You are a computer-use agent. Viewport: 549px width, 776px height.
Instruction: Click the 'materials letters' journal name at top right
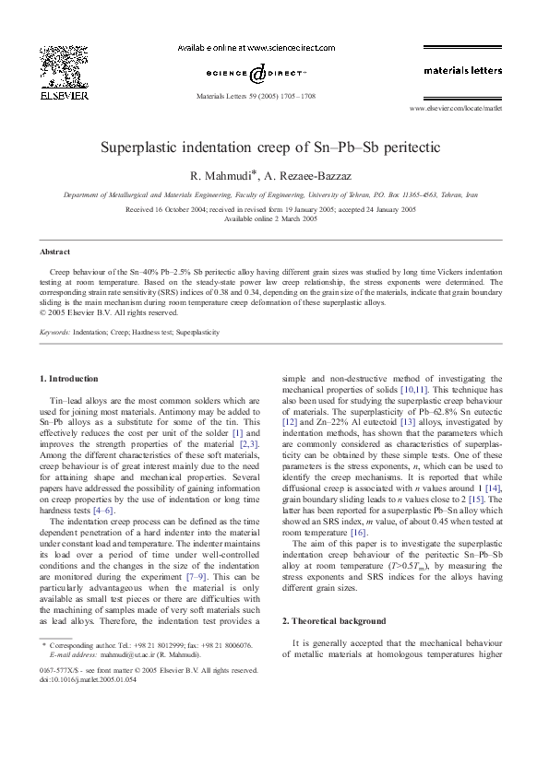coord(462,70)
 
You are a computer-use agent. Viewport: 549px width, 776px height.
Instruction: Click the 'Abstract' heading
coord(56,251)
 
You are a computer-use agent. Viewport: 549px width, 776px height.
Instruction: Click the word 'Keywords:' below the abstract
coord(55,329)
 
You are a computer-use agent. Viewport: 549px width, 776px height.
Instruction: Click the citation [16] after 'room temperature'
coord(357,533)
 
